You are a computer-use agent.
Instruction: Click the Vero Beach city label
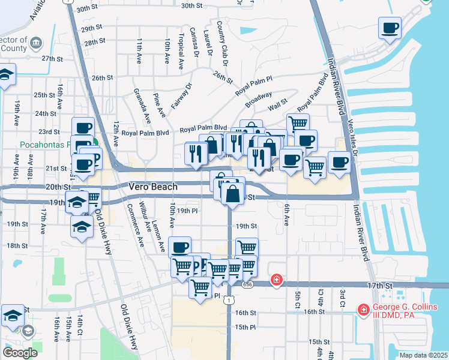pos(153,187)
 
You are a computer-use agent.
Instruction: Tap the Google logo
pos(20,352)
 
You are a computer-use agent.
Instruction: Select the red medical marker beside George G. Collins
pos(363,310)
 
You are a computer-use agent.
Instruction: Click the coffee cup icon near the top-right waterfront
pos(390,28)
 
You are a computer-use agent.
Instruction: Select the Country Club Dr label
pos(221,43)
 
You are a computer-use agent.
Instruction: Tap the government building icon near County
pos(35,43)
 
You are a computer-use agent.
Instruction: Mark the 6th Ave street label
pos(286,214)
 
